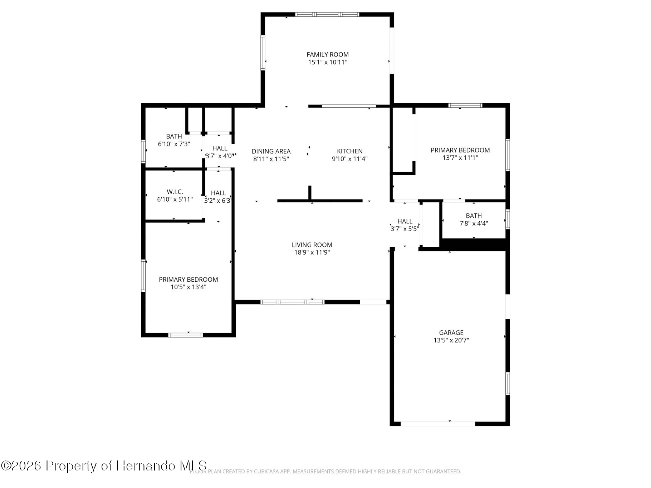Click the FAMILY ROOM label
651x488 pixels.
click(x=327, y=55)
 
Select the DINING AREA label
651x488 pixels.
click(x=271, y=152)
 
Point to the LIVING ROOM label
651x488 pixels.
click(x=312, y=245)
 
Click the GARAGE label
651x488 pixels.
click(x=451, y=333)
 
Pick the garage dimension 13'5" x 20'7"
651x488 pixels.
click(x=451, y=340)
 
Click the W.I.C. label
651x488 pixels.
click(x=175, y=192)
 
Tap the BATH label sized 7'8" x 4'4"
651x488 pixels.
click(x=474, y=216)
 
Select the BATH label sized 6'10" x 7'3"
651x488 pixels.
click(x=174, y=137)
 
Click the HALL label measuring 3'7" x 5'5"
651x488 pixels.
click(x=405, y=221)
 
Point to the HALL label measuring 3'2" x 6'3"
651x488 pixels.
click(x=218, y=193)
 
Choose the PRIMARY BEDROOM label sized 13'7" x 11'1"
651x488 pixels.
click(x=460, y=150)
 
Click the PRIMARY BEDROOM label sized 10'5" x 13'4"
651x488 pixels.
click(x=188, y=280)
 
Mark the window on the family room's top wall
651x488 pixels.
click(x=327, y=15)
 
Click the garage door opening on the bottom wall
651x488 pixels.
click(x=437, y=424)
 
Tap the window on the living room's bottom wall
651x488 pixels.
click(x=292, y=302)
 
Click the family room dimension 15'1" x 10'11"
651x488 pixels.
click(x=327, y=62)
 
